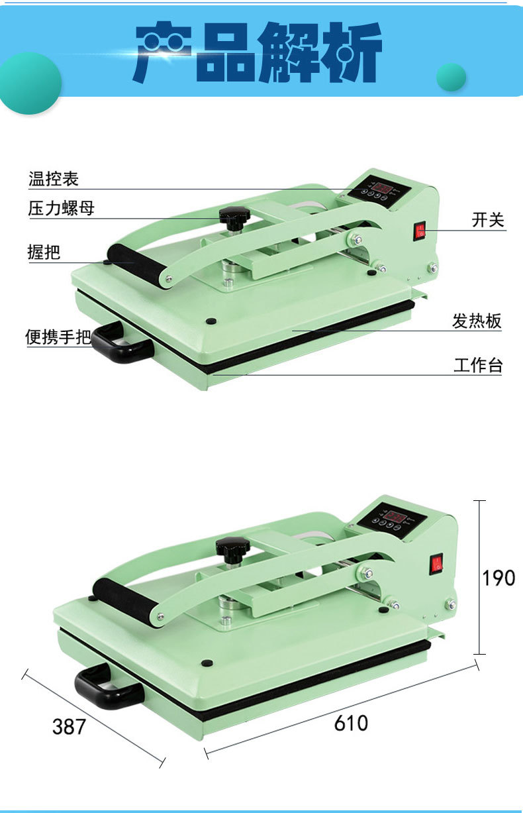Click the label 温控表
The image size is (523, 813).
(54, 179)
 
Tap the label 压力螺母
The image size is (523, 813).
(62, 208)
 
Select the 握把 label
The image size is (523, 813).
(44, 252)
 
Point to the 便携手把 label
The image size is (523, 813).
(58, 337)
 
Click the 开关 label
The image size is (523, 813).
(488, 220)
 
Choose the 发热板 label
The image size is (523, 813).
(477, 321)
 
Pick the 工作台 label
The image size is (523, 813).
(478, 365)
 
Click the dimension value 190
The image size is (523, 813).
(499, 577)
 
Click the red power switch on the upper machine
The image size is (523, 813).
(420, 231)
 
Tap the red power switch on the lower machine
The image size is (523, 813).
(437, 564)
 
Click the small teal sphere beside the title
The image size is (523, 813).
(451, 77)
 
